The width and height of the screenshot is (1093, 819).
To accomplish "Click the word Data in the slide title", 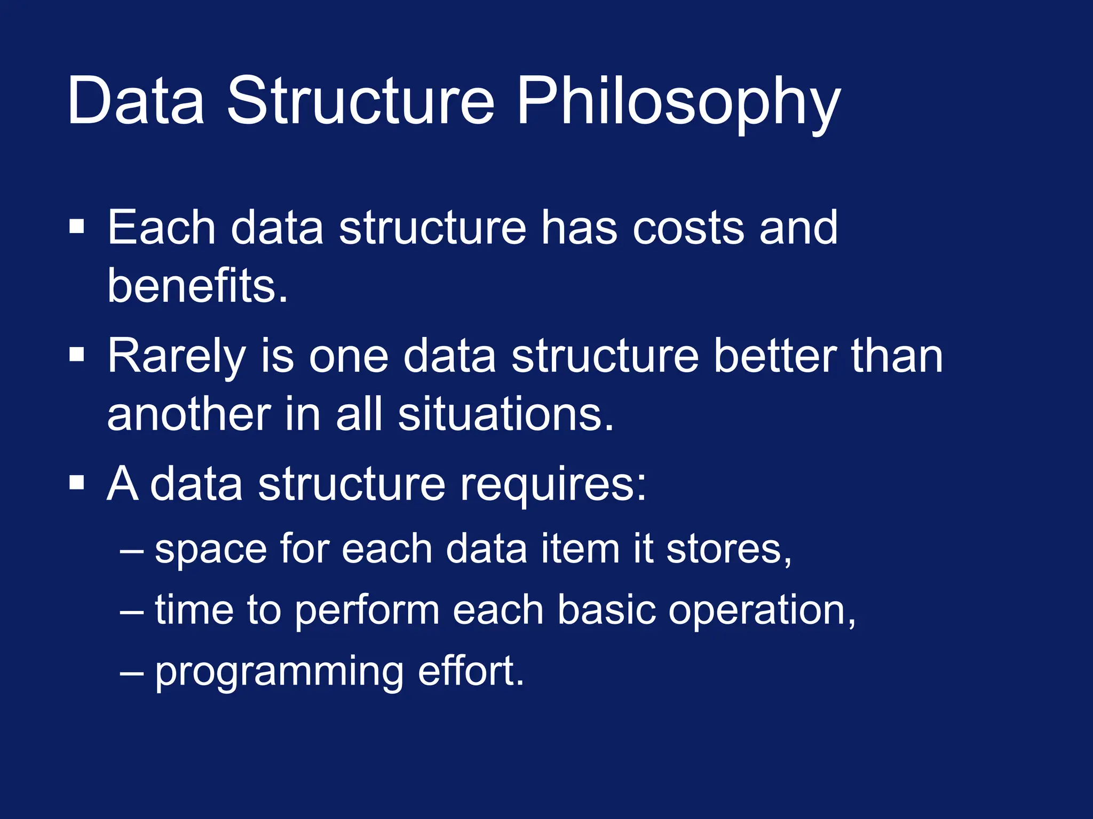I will click(136, 101).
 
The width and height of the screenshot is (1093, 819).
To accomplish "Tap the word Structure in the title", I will click(361, 101).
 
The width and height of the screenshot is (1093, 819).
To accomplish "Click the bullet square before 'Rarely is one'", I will click(77, 354).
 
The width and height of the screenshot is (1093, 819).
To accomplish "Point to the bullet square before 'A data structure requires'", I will click(77, 482).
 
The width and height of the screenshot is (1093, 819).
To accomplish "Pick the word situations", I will click(506, 415).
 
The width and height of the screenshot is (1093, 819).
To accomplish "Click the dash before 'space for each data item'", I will click(131, 550).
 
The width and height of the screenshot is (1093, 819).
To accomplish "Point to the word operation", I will click(762, 611).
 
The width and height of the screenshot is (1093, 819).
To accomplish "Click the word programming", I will click(279, 673).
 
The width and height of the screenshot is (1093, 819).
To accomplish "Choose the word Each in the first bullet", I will click(161, 228).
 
